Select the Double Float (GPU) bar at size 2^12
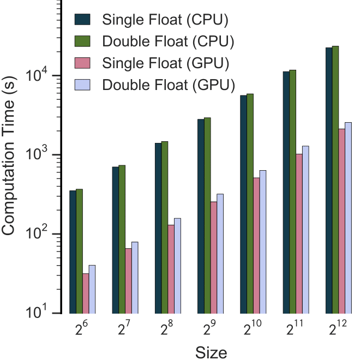pyautogui.click(x=348, y=218)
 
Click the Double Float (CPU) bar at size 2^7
pyautogui.click(x=122, y=239)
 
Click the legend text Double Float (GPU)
pyautogui.click(x=168, y=85)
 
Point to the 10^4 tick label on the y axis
pyautogui.click(x=39, y=74)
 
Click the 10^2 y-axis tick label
pyautogui.click(x=39, y=233)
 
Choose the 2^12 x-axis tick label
pyautogui.click(x=336, y=328)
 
